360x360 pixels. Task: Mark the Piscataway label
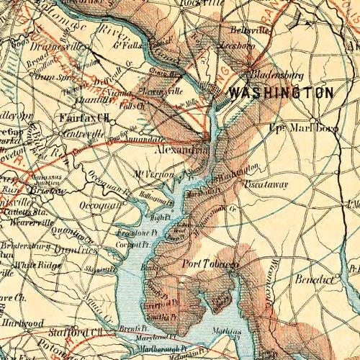point(266,184)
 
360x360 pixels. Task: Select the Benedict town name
point(312,277)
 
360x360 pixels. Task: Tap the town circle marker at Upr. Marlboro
point(315,120)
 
